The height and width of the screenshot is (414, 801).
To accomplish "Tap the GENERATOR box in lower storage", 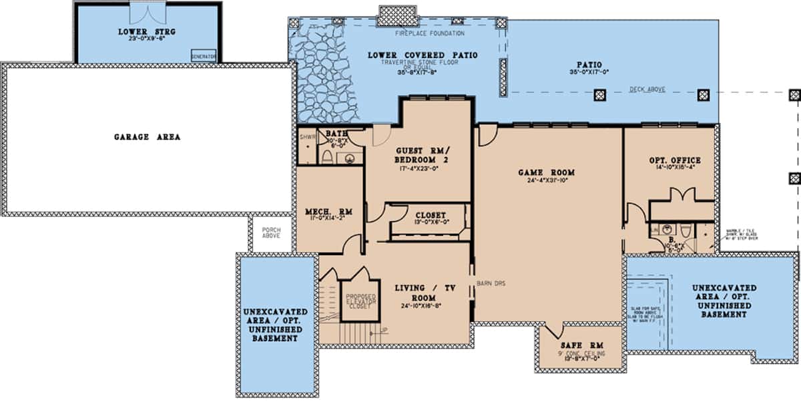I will tap(204, 57).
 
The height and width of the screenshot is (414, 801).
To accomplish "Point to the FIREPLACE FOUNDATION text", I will tap(429, 33).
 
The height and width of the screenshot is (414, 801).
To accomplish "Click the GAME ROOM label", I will tap(546, 172).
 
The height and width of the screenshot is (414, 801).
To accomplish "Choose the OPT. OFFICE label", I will tap(674, 160).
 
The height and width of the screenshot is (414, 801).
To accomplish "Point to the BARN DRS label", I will tap(491, 284).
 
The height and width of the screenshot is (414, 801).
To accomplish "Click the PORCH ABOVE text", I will tap(272, 233).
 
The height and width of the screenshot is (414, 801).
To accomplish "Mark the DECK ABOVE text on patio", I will tap(647, 89).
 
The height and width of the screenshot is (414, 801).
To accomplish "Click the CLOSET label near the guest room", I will tap(431, 215).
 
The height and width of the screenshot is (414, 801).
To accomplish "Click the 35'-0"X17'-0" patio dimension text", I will tap(585, 73).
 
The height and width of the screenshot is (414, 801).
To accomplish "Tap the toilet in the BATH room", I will tap(327, 157).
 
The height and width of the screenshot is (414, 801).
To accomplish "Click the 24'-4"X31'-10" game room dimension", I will tap(546, 180).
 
